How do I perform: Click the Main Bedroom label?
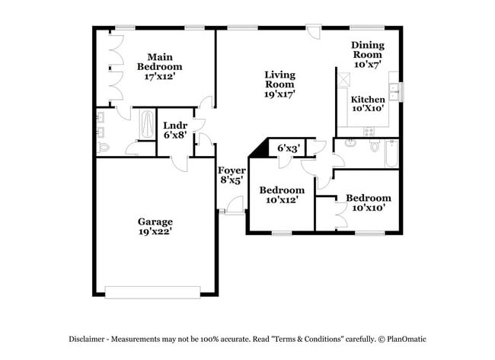[160, 62]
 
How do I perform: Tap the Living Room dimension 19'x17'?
[279, 94]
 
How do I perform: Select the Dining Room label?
[368, 49]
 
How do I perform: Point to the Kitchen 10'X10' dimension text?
[368, 108]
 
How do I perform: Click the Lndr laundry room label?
[175, 126]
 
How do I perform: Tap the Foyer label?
[232, 170]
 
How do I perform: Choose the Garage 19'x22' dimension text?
[155, 231]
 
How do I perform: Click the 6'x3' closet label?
[289, 148]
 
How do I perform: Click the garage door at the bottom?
[152, 292]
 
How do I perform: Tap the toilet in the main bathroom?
[103, 148]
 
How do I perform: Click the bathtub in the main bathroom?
[147, 124]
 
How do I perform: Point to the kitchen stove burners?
[369, 131]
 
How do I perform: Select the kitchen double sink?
[394, 91]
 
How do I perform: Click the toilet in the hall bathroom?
[375, 145]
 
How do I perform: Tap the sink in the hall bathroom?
[350, 144]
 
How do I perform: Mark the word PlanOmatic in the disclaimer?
[407, 339]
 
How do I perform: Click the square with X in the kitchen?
[343, 79]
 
